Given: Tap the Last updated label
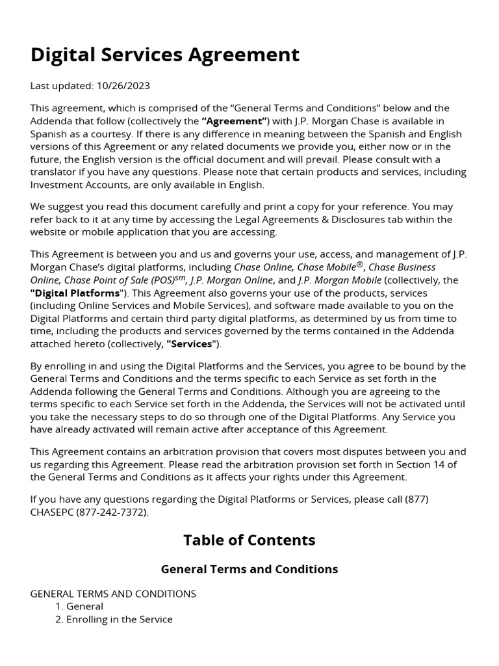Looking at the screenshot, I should coord(61,86).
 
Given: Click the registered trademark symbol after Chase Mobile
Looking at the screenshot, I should coord(359,265).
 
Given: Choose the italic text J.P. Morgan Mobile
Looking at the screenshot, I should coord(339,280).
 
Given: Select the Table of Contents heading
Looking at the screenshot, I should coord(249,540).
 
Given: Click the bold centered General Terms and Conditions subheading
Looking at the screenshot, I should coord(249,569).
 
